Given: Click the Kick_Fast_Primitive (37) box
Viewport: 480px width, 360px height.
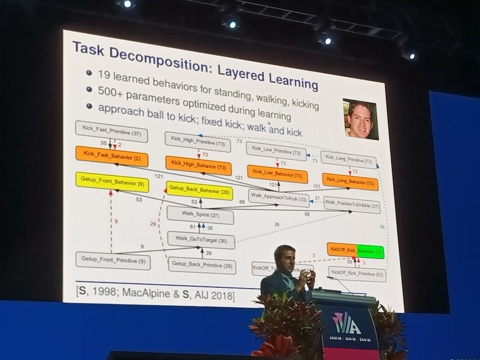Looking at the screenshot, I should [111, 131].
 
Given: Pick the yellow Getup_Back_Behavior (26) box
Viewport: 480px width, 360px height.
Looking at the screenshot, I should [199, 191].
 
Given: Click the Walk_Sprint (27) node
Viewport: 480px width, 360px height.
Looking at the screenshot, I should [200, 215].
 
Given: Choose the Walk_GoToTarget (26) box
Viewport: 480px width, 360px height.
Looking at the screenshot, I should [201, 240].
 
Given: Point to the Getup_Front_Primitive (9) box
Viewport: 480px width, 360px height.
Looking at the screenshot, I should [113, 261].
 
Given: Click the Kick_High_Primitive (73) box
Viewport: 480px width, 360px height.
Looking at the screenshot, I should [198, 142].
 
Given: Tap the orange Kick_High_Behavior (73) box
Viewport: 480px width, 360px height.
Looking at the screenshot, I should [198, 166].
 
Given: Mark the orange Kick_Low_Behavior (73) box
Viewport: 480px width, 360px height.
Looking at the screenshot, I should [277, 174].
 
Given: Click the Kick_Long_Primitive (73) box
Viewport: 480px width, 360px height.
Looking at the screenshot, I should [348, 160].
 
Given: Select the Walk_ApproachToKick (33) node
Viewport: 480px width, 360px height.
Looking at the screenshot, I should [278, 197].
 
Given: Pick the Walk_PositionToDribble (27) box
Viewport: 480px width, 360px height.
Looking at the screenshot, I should [352, 204].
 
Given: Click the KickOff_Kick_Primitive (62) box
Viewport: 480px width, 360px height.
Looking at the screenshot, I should [358, 274].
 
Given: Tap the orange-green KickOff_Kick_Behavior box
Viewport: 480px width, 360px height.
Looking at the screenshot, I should [355, 251].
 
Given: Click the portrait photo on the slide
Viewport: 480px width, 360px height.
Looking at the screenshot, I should [360, 119].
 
